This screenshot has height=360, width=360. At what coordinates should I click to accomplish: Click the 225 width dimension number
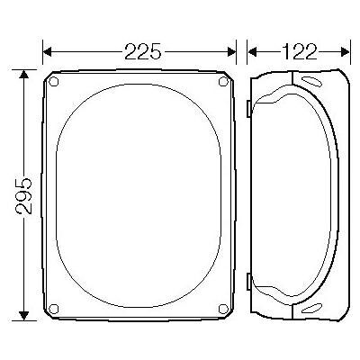click(143, 51)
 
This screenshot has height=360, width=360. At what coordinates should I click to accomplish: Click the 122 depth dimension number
click(299, 51)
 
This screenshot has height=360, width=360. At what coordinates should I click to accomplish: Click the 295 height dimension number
click(23, 195)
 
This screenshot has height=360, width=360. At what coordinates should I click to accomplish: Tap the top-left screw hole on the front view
click(53, 81)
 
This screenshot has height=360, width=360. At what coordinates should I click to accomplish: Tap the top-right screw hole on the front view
click(223, 81)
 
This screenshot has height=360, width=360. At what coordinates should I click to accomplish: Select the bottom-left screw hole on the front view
click(53, 309)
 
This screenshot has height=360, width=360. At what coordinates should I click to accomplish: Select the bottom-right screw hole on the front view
click(223, 309)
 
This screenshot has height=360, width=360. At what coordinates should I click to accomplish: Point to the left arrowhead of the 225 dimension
click(48, 52)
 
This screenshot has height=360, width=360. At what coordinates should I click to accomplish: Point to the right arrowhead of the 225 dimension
click(231, 52)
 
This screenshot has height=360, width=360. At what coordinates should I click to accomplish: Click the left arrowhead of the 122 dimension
click(252, 52)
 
